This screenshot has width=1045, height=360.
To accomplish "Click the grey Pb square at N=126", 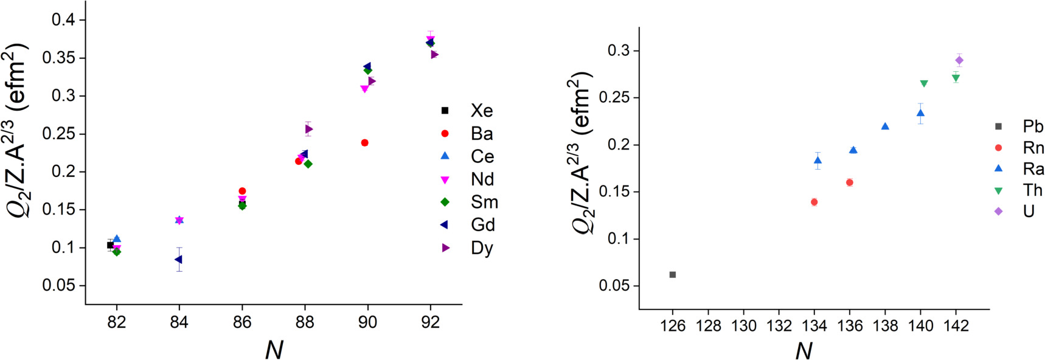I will (673, 275).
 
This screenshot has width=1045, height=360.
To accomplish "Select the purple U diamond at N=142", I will (959, 60).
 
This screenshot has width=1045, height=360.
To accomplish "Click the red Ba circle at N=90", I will (365, 143).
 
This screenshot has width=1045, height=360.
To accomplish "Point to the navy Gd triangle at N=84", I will (178, 260).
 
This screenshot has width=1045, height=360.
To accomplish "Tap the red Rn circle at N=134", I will (814, 202).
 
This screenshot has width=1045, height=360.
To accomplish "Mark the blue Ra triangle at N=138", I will (885, 126).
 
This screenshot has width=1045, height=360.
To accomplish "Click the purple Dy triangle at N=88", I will (309, 129).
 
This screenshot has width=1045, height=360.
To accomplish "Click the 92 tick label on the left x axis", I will (430, 322).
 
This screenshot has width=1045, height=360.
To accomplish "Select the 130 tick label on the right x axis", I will (743, 327).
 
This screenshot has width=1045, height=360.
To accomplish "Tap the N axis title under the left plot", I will (274, 349).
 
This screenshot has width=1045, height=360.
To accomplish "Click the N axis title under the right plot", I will (804, 350).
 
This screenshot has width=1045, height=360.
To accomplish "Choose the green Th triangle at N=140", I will (924, 83).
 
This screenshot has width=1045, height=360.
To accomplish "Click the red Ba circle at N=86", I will (242, 191).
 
